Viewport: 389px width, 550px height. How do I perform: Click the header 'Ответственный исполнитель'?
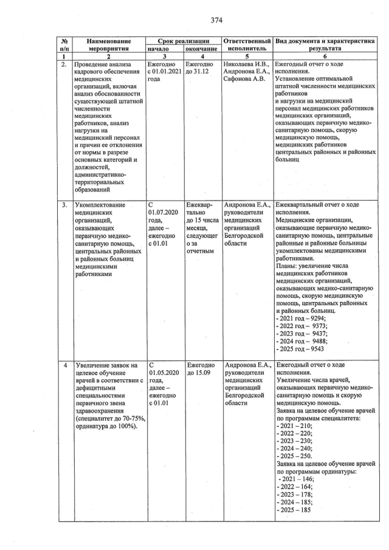point(247,43)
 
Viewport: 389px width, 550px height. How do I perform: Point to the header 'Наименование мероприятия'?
point(108,43)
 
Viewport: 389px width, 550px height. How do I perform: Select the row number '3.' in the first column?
point(64,205)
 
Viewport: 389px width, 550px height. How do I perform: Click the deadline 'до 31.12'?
point(198,72)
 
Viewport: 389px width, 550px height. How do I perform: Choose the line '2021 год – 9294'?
point(302,318)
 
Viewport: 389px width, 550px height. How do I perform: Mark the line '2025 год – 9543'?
point(302,349)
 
